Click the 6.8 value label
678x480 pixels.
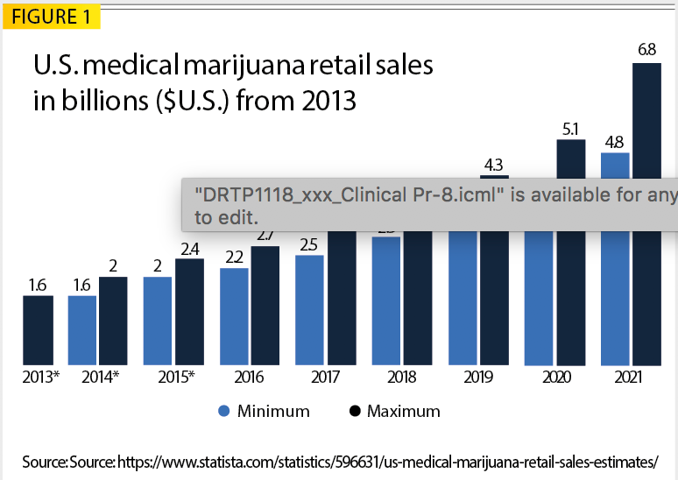[x=646, y=50]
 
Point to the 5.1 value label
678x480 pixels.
[x=570, y=129]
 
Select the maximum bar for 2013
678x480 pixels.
[x=37, y=330]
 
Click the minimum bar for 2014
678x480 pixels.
[x=82, y=330]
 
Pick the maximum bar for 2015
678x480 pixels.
[x=189, y=312]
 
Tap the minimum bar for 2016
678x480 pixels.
[x=234, y=316]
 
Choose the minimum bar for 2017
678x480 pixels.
[x=310, y=310]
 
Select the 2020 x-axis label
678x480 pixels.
[x=556, y=378]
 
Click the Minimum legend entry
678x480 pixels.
[x=264, y=411]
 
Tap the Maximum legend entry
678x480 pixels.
[x=394, y=411]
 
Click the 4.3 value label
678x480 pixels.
[x=494, y=164]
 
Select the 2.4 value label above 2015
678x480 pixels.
[x=189, y=248]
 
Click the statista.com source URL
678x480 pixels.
[x=386, y=461]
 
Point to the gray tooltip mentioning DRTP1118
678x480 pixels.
[x=429, y=205]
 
